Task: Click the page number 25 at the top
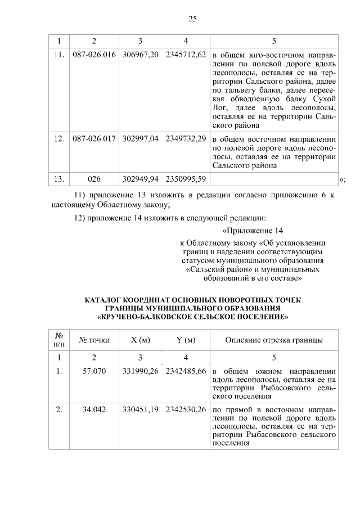(192, 19)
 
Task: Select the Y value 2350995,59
(186, 179)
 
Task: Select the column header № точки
(94, 340)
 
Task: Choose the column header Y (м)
(186, 340)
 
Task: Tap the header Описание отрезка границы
(274, 340)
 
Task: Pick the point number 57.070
(94, 372)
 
